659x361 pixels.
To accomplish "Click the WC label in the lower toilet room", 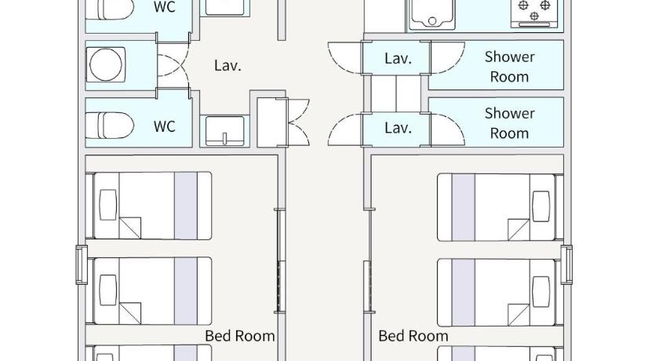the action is coord(164,126).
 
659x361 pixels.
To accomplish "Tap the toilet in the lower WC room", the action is coord(110,126).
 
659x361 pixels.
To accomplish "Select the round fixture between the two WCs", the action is coord(105,64).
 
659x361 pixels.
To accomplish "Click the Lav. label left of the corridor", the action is coord(228,66).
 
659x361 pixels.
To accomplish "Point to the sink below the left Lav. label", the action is coord(225,131).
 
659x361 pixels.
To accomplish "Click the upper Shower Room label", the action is coord(509,67).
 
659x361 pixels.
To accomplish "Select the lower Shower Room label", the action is coord(509,123).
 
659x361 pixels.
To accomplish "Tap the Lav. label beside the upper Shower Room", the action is coord(398,58).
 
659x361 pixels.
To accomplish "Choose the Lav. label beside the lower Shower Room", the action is coord(398,127).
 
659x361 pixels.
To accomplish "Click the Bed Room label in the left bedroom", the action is coord(240,336).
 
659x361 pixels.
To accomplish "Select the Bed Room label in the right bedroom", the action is coord(413,336).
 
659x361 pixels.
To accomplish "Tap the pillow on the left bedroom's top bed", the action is coord(108,205).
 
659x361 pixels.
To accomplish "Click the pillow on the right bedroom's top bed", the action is coord(541,206).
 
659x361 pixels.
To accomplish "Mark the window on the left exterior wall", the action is coord(82,264).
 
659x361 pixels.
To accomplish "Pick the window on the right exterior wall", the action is coord(566,264).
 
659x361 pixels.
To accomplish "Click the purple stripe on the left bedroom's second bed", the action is coord(186,291).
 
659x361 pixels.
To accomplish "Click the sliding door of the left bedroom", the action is coord(281,261).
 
